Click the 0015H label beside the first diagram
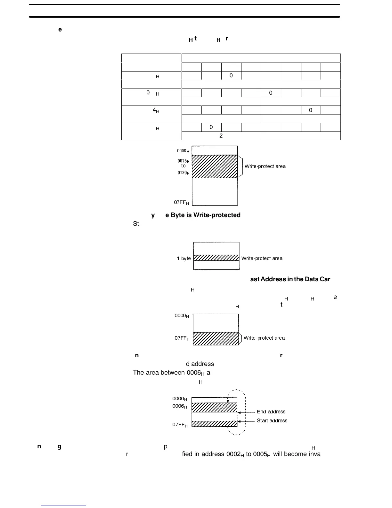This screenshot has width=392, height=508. coord(184,161)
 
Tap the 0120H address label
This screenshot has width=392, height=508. coord(184,173)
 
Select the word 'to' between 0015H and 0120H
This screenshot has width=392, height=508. coord(183,166)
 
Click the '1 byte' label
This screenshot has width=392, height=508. coord(184,258)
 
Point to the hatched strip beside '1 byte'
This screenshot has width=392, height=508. coord(216,258)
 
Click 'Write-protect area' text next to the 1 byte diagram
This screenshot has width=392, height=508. coord(262,258)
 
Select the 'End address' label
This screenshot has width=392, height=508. coord(271,412)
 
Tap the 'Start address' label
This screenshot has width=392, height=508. coord(272,421)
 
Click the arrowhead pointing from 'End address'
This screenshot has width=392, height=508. coord(239,413)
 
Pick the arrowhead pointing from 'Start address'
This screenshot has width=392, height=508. coord(239,421)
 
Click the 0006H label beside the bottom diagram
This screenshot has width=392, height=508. coord(180,406)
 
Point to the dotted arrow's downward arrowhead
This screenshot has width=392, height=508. coord(228,401)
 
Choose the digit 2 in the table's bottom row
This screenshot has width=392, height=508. coord(221,136)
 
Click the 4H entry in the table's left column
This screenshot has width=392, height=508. coord(156,110)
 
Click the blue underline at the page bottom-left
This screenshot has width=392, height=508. coord(63,505)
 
